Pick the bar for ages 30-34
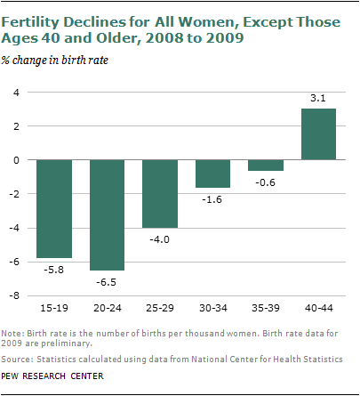[x=213, y=174]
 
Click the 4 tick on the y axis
[x=15, y=93]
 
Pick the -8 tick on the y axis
[x=12, y=295]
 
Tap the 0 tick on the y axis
[x=15, y=160]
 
